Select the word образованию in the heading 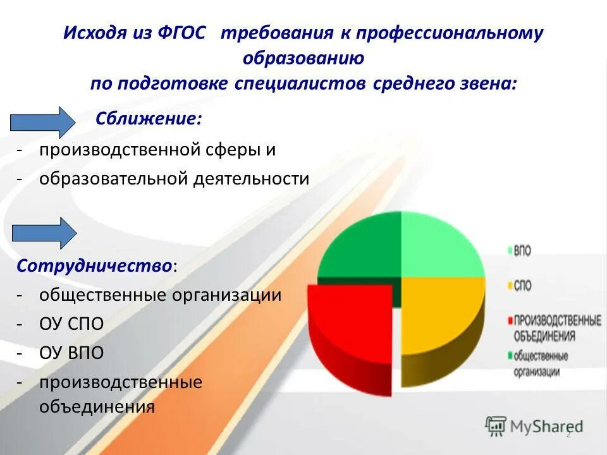[x=303, y=58]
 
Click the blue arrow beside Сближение [x=44, y=122]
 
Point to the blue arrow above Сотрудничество [x=44, y=232]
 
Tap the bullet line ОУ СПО [x=71, y=324]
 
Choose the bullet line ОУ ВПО [x=71, y=353]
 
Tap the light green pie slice [x=439, y=246]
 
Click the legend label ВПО [x=522, y=251]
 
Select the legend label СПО [x=522, y=286]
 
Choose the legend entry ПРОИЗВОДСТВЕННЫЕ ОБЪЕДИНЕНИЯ [x=556, y=327]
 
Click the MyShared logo [x=534, y=426]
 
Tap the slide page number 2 [x=568, y=434]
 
